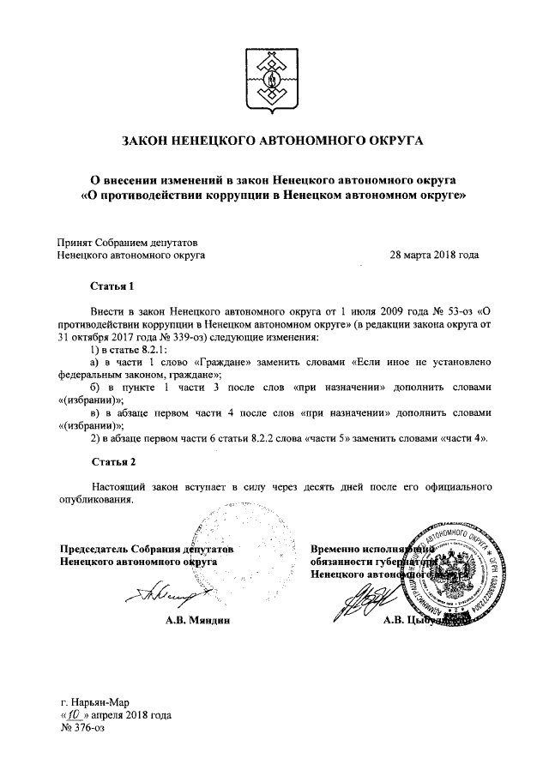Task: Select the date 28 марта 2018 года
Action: click(x=434, y=255)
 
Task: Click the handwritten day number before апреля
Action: click(x=75, y=713)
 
